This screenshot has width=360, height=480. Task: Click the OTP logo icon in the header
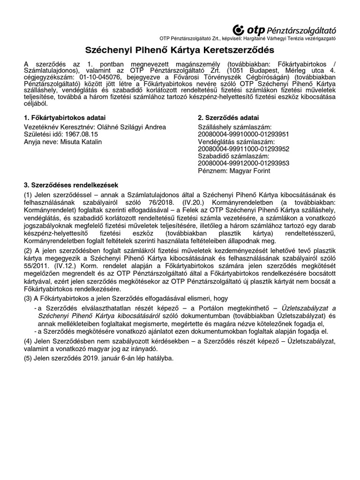click(x=239, y=30)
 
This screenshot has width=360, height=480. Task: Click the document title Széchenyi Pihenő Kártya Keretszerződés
click(x=180, y=50)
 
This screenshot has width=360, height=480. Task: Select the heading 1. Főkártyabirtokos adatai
click(x=65, y=117)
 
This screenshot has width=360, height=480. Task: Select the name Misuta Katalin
click(x=80, y=142)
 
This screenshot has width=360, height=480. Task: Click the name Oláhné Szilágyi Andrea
click(x=128, y=127)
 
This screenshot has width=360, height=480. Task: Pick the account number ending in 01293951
click(x=244, y=134)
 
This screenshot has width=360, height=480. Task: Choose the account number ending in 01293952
click(x=244, y=149)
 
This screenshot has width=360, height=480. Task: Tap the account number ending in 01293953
click(x=244, y=164)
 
